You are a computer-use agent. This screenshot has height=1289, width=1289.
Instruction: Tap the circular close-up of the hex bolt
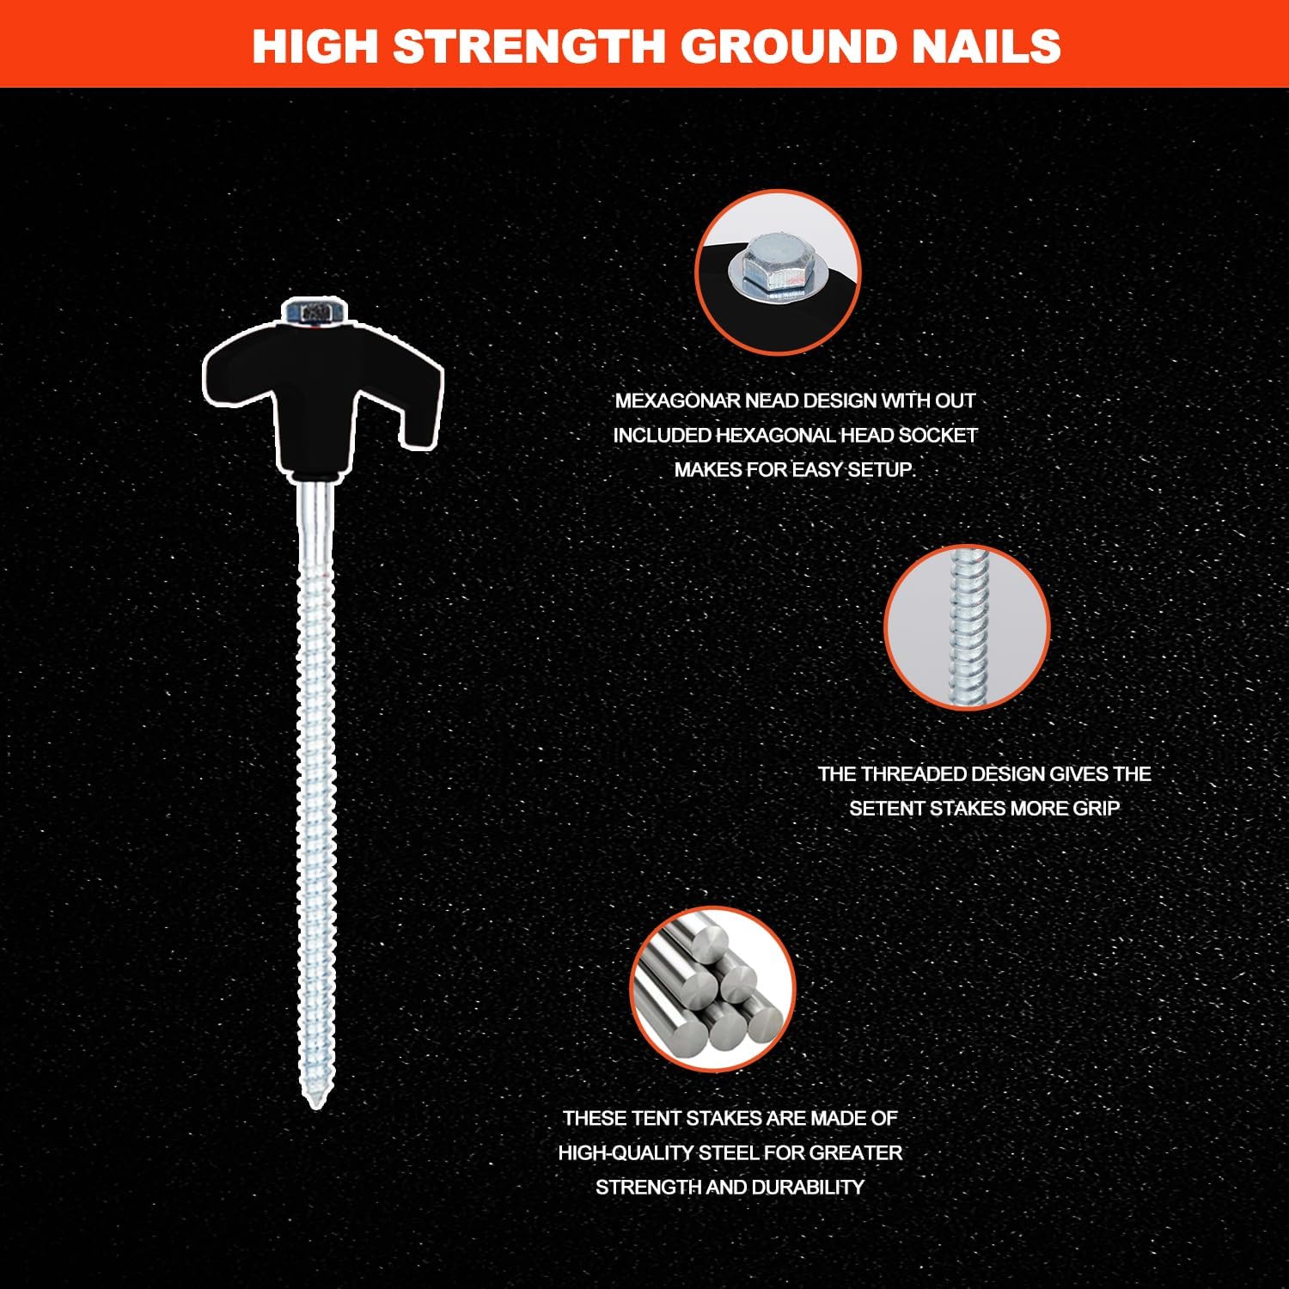click(778, 270)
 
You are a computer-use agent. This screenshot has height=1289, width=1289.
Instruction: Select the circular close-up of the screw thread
click(967, 626)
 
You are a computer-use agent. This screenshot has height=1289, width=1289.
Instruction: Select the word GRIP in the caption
click(1097, 809)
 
